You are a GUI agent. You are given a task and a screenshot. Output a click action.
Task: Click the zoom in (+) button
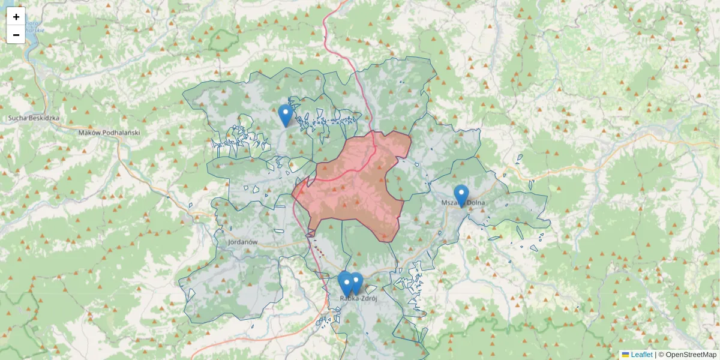click(x=16, y=17)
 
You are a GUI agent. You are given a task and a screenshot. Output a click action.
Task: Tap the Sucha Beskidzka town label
click(x=34, y=118)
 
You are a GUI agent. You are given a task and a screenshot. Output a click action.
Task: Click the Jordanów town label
click(x=242, y=242)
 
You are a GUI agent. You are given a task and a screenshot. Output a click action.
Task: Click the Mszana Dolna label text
click(x=463, y=203)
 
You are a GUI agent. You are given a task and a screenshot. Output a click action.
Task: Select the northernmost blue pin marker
click(x=286, y=115)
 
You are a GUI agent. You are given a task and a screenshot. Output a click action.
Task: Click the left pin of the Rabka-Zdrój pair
click(x=345, y=283)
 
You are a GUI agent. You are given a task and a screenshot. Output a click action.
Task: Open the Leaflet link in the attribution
click(x=641, y=355)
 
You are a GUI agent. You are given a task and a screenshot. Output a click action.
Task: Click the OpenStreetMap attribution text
click(x=691, y=355)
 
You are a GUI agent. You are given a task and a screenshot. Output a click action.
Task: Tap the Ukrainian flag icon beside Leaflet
click(x=626, y=355)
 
